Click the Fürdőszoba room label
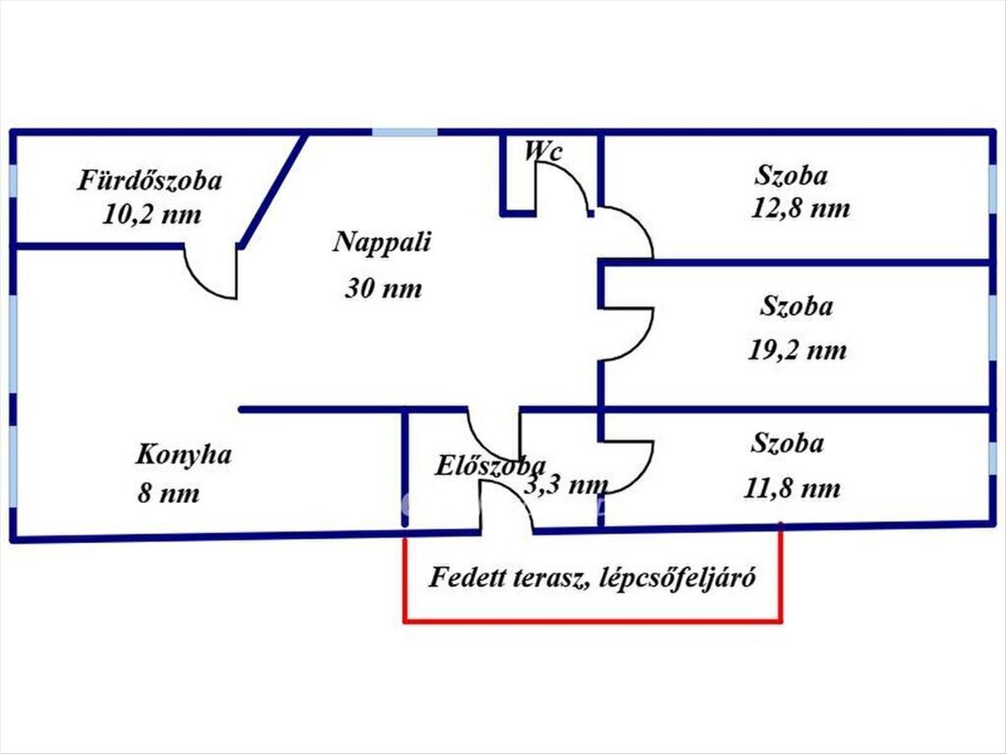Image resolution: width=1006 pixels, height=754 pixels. click(150, 181)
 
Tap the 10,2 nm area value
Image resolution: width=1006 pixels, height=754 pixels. click(152, 214)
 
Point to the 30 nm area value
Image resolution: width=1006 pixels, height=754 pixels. click(383, 289)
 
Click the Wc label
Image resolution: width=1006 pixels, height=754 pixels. click(543, 152)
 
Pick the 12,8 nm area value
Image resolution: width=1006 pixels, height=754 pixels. click(800, 208)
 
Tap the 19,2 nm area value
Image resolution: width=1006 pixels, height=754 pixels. click(797, 349)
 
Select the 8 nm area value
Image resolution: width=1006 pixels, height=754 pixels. click(169, 493)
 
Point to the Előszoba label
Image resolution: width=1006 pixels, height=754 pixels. click(490, 466)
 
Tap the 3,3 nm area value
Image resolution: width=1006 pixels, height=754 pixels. click(566, 483)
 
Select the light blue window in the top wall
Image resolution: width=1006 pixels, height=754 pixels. click(405, 132)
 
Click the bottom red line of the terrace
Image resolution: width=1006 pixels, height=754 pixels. click(594, 622)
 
